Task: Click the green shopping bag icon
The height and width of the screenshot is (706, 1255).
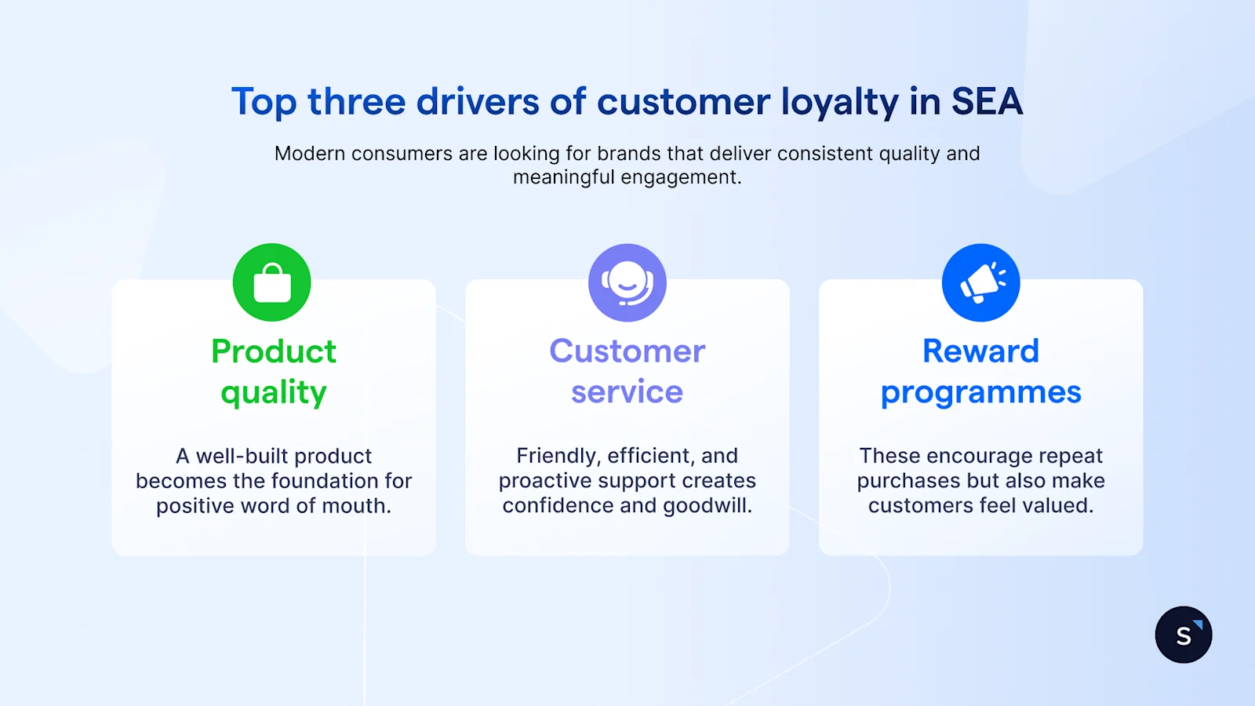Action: [272, 282]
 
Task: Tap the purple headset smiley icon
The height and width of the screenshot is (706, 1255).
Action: [627, 282]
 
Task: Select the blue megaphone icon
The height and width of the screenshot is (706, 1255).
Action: [980, 282]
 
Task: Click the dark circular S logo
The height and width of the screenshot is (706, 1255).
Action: [1183, 635]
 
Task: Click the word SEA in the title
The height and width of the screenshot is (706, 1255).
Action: [987, 102]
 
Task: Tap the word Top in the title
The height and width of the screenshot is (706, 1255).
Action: [264, 103]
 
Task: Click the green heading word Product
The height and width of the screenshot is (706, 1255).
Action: [274, 351]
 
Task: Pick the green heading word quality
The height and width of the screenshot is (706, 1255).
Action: [274, 393]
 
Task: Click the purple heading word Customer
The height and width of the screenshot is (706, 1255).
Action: [627, 351]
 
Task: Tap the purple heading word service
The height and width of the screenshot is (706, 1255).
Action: [627, 392]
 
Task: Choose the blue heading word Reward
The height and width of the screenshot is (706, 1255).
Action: [980, 351]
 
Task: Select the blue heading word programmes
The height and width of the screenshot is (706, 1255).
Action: [980, 393]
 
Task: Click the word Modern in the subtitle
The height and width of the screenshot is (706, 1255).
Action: [310, 154]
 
